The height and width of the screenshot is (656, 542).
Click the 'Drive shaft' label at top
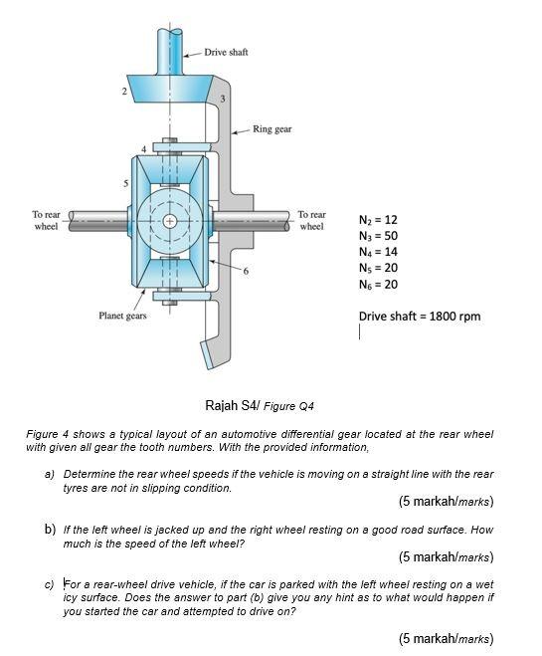click(x=226, y=51)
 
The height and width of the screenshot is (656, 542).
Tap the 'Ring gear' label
click(x=271, y=129)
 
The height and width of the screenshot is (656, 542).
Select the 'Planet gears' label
click(x=123, y=317)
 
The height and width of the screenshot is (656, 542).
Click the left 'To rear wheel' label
click(x=46, y=219)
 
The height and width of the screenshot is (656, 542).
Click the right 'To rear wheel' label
click(x=311, y=219)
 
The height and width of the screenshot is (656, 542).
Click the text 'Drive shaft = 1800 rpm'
click(x=419, y=317)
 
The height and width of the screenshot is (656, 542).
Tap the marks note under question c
click(x=445, y=637)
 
